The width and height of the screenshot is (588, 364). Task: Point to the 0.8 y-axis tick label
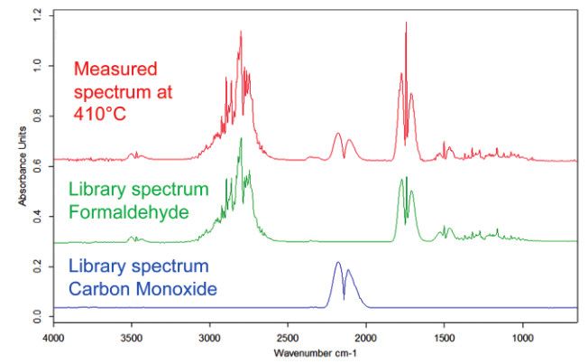[x=36, y=117]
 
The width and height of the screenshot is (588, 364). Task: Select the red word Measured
[x=116, y=69]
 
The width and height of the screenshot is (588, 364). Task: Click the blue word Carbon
[x=100, y=290]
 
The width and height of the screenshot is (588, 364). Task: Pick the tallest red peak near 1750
[x=406, y=25]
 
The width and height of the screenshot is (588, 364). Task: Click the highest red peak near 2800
[x=241, y=33]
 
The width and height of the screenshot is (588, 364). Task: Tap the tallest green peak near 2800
[x=241, y=140]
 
